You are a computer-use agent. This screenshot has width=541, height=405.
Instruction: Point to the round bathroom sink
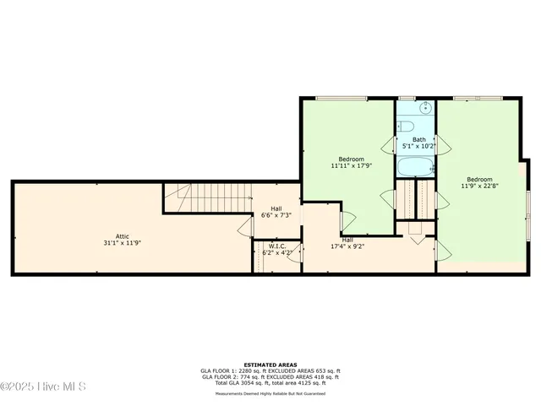(425, 109)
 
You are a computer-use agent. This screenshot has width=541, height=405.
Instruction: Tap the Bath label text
(419, 139)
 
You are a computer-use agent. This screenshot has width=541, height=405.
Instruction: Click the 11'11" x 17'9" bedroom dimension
(352, 166)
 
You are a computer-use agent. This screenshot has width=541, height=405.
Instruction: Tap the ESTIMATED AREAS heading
(270, 364)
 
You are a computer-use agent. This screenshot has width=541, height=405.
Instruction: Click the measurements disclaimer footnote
(270, 392)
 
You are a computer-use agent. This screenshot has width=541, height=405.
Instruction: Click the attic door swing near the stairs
(245, 226)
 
